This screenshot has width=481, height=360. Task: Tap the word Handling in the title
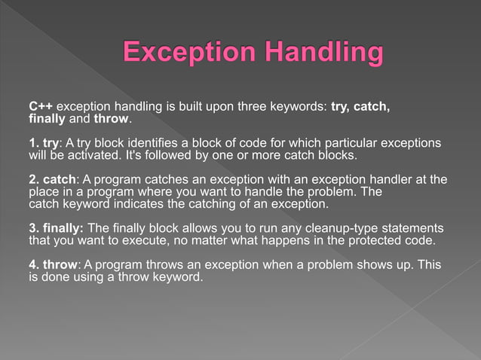coord(324,54)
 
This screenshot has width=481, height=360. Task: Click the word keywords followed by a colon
coord(301,107)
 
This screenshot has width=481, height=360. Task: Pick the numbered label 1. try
coord(43,143)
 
